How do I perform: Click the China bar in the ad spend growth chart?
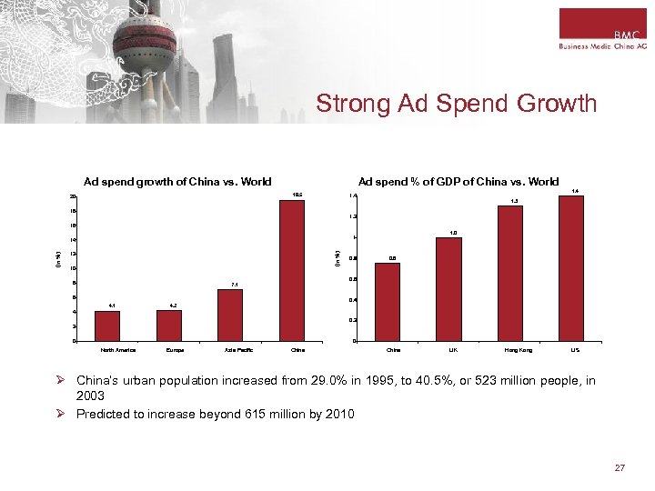[292, 270]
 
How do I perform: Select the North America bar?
[107, 326]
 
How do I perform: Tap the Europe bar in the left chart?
[169, 326]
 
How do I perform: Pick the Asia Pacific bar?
[230, 315]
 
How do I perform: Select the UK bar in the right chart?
[448, 288]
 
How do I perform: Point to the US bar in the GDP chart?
[571, 268]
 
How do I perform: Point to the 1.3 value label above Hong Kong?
[513, 200]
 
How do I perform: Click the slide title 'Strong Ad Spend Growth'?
[456, 104]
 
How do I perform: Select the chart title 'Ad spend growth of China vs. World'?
[177, 182]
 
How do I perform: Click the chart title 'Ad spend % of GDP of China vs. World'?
[458, 182]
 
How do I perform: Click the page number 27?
[620, 467]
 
